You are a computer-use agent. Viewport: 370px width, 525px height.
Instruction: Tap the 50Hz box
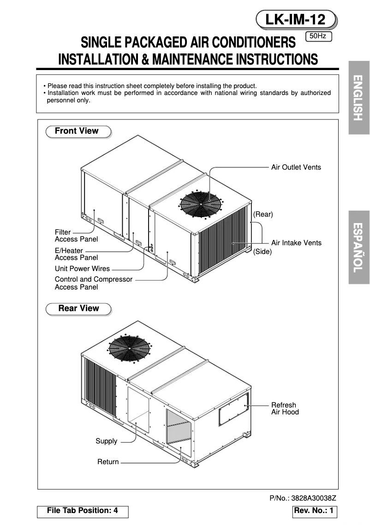tap(319, 35)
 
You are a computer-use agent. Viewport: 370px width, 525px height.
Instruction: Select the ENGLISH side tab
tap(359, 97)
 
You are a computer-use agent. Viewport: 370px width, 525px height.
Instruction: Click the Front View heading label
tap(77, 131)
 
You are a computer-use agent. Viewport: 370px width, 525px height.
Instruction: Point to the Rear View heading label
tap(79, 308)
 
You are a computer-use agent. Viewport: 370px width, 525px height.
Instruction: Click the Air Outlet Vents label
tap(296, 167)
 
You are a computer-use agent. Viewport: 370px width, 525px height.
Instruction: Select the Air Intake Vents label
tap(296, 243)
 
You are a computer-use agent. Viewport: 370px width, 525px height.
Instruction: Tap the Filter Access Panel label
tap(76, 236)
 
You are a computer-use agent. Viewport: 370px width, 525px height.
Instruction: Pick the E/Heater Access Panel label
tap(76, 254)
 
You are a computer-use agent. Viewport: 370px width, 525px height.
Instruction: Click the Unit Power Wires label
tap(82, 269)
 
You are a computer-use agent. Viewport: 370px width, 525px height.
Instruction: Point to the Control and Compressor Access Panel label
tap(93, 283)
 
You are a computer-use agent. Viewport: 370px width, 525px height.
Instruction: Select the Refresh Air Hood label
tap(285, 408)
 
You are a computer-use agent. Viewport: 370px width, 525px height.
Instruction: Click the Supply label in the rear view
tap(106, 441)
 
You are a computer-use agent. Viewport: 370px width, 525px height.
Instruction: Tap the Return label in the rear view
tap(108, 462)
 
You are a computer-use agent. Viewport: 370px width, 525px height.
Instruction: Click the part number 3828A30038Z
tap(303, 498)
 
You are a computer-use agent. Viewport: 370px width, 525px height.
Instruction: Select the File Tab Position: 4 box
tap(83, 511)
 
